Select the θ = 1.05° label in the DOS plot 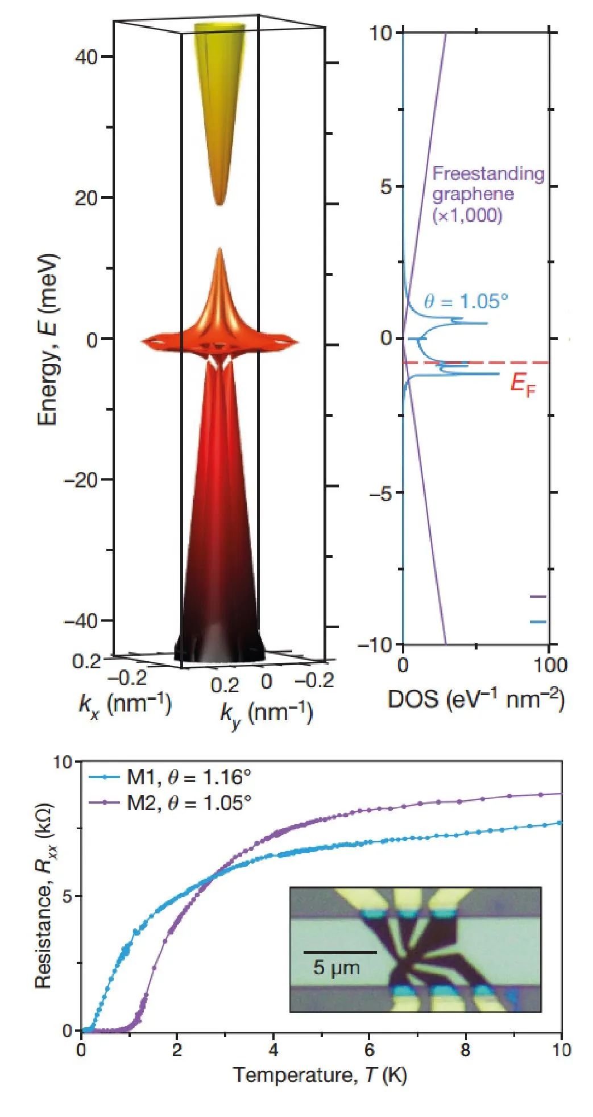click(x=466, y=301)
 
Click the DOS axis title click(x=475, y=699)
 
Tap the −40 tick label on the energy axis click(x=82, y=620)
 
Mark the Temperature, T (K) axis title click(x=320, y=1075)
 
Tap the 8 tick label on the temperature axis click(x=466, y=1049)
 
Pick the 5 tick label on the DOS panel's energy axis click(x=387, y=187)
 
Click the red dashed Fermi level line click(x=455, y=362)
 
